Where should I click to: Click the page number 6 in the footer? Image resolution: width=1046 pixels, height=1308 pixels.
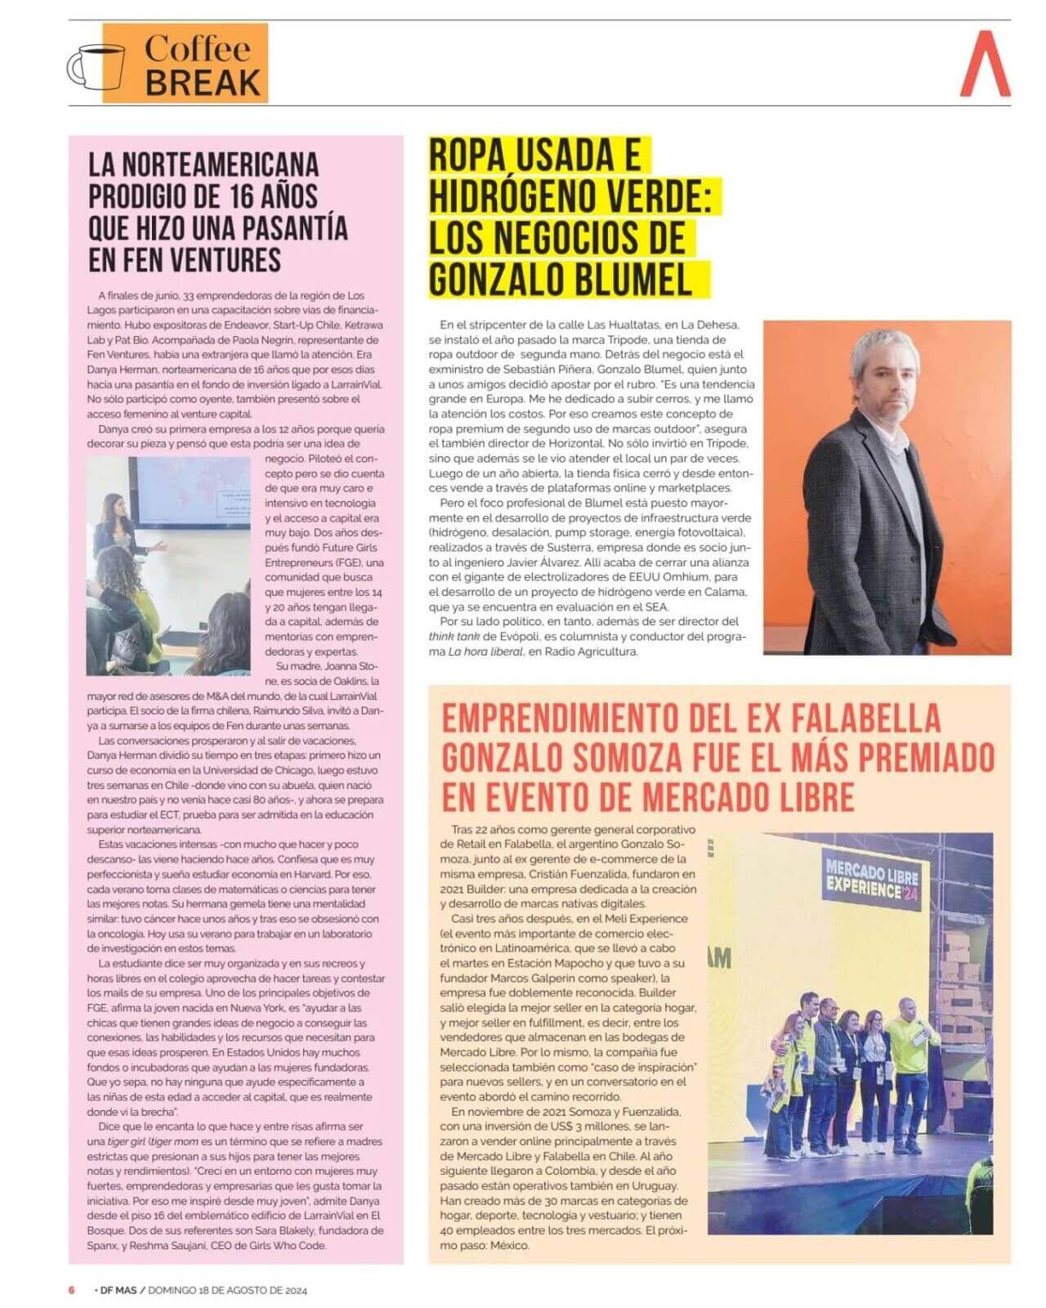pyautogui.click(x=71, y=1290)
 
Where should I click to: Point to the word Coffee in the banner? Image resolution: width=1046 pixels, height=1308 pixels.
pyautogui.click(x=199, y=49)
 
